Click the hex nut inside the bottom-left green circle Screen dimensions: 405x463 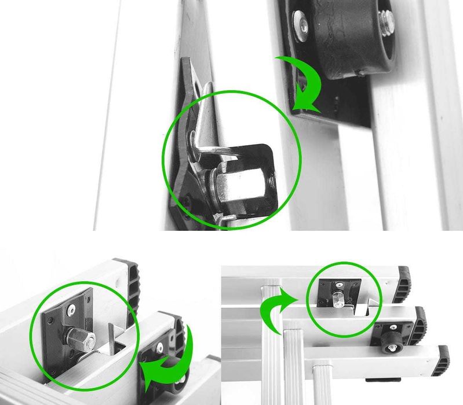coord(81,338)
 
